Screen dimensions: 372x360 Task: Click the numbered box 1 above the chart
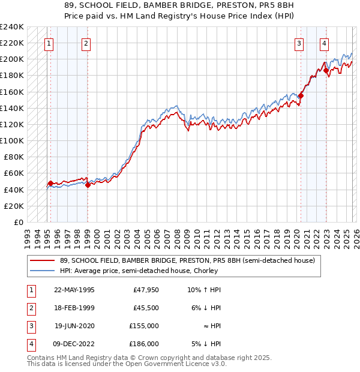[x=49, y=43]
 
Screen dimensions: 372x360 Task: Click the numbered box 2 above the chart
[x=86, y=43]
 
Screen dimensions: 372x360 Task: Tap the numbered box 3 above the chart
[x=299, y=43]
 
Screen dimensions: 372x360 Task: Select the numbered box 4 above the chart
[x=323, y=43]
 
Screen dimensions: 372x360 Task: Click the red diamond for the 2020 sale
[x=301, y=95]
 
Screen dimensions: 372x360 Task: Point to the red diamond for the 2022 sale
[x=326, y=70]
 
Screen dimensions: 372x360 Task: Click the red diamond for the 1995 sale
[x=50, y=183]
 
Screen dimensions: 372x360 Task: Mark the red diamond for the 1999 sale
[x=88, y=185]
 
